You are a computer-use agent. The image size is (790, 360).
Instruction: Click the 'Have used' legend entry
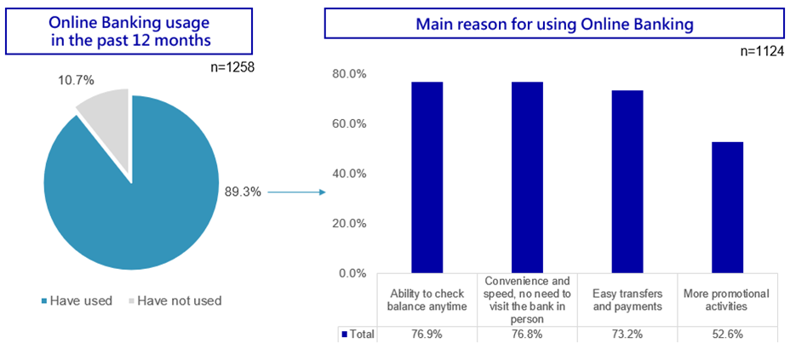coord(77,301)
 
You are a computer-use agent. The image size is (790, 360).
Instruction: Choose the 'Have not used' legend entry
coord(175,301)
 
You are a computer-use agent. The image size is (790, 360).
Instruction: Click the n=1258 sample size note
coord(232,66)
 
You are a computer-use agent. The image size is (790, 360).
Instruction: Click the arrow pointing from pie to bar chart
coord(296,191)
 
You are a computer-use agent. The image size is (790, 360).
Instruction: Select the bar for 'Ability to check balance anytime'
coord(427,177)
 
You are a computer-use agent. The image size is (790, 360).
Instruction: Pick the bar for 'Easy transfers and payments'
coord(627,182)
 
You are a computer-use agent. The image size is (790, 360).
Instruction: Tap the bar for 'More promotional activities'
coord(728,208)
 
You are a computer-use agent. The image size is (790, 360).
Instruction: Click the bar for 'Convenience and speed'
coord(528,177)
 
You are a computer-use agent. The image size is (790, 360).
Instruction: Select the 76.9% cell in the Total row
coord(427,334)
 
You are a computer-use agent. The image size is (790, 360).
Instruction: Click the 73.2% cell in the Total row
coord(627,334)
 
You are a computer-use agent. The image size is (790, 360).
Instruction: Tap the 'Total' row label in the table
coord(358,334)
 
